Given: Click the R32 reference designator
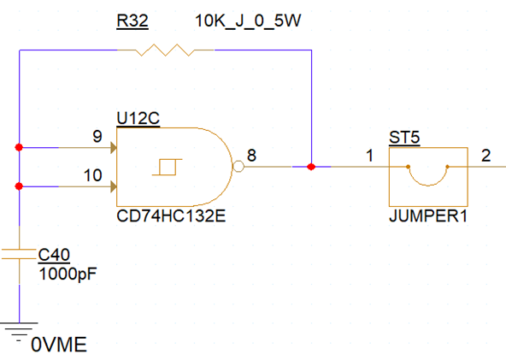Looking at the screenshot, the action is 132,21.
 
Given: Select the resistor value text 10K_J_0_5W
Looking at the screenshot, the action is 248,21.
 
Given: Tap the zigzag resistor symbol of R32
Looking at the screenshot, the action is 165,50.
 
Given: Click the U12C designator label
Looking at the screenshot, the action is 138,118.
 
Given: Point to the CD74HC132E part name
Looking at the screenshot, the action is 171,216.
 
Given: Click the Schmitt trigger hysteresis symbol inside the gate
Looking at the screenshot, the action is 168,167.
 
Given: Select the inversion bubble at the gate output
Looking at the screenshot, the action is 238,167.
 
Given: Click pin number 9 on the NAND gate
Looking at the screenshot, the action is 97,137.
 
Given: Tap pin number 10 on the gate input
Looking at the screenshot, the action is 93,175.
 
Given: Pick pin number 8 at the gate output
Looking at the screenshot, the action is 251,156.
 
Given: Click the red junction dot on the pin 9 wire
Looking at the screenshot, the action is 19,148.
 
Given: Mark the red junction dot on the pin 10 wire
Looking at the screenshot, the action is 19,186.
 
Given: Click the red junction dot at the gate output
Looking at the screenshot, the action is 311,167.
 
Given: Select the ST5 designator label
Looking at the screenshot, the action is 404,138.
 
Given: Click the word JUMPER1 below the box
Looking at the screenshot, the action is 428,216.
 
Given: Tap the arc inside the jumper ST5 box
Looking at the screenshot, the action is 428,185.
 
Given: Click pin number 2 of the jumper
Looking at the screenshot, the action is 486,156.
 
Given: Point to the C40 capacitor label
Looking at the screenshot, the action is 54,255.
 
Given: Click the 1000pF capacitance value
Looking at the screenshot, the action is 68,274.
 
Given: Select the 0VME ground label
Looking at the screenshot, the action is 59,345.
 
